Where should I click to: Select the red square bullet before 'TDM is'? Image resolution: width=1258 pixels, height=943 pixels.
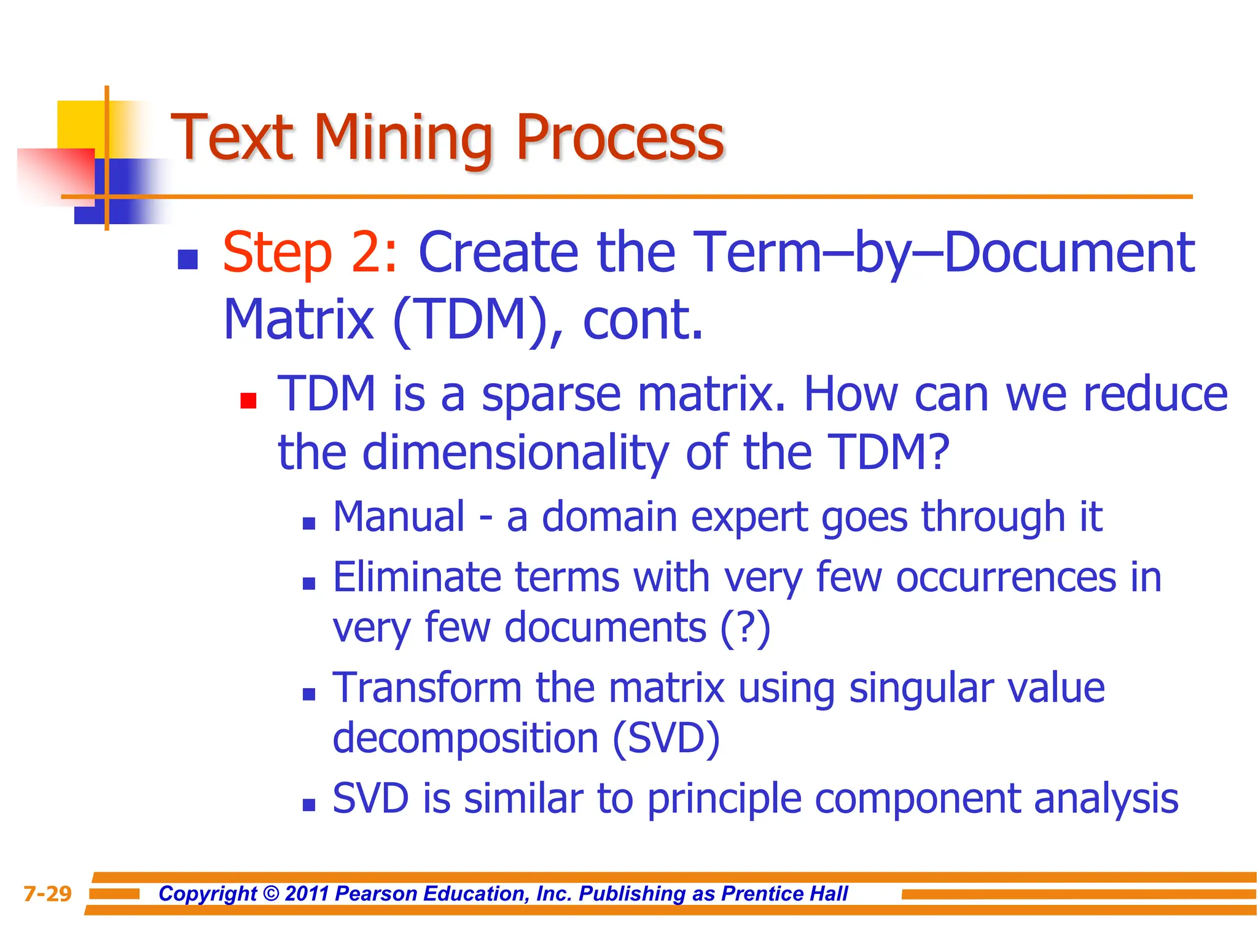tap(248, 401)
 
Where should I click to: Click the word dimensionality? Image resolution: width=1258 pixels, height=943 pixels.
tap(515, 452)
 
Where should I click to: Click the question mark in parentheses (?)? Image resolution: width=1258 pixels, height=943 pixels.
tap(745, 628)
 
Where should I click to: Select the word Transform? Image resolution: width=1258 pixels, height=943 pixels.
tap(427, 688)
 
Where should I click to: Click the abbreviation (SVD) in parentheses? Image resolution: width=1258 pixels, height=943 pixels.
tap(666, 738)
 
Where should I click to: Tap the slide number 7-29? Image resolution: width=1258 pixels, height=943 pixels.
tap(47, 894)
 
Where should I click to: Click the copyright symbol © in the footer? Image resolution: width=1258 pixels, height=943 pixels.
tap(270, 894)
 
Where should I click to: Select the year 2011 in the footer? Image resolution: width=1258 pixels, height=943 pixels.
tap(307, 894)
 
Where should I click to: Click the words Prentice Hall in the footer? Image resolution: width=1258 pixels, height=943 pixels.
tap(784, 894)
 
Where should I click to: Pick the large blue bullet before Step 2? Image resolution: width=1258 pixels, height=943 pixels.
tap(187, 260)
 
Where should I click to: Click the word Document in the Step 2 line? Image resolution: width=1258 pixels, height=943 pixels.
tap(1069, 252)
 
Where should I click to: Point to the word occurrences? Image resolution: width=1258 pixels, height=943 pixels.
tap(1006, 578)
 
